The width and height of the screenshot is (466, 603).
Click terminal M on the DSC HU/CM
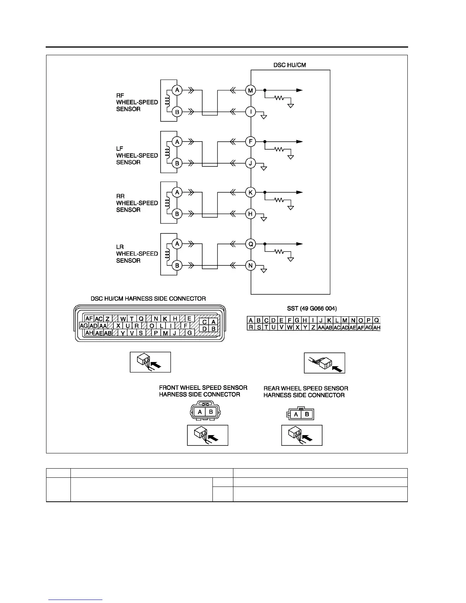251,91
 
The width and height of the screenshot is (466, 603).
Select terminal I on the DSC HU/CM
251,112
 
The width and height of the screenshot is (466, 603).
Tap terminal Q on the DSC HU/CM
251,244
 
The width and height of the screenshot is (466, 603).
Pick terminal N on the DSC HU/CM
251,265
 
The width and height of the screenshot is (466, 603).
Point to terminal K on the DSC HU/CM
251,193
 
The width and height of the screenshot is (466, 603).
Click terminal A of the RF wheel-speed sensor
177,90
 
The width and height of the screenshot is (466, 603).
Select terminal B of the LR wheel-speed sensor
177,265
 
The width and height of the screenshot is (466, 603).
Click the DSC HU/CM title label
289,65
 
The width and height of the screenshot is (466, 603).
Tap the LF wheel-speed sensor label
137,155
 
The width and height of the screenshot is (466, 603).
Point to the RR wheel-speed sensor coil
167,203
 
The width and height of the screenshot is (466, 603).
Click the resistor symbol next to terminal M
280,98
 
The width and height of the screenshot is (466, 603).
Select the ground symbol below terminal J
263,168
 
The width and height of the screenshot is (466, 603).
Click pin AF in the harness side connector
89,319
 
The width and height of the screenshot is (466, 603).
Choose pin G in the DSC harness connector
189,333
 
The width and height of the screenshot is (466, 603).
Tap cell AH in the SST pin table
377,327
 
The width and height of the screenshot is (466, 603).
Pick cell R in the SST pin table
251,327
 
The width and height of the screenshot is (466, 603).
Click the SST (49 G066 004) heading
312,308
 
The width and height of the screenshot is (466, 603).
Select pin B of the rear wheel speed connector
307,415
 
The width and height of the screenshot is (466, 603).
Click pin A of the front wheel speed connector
199,412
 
